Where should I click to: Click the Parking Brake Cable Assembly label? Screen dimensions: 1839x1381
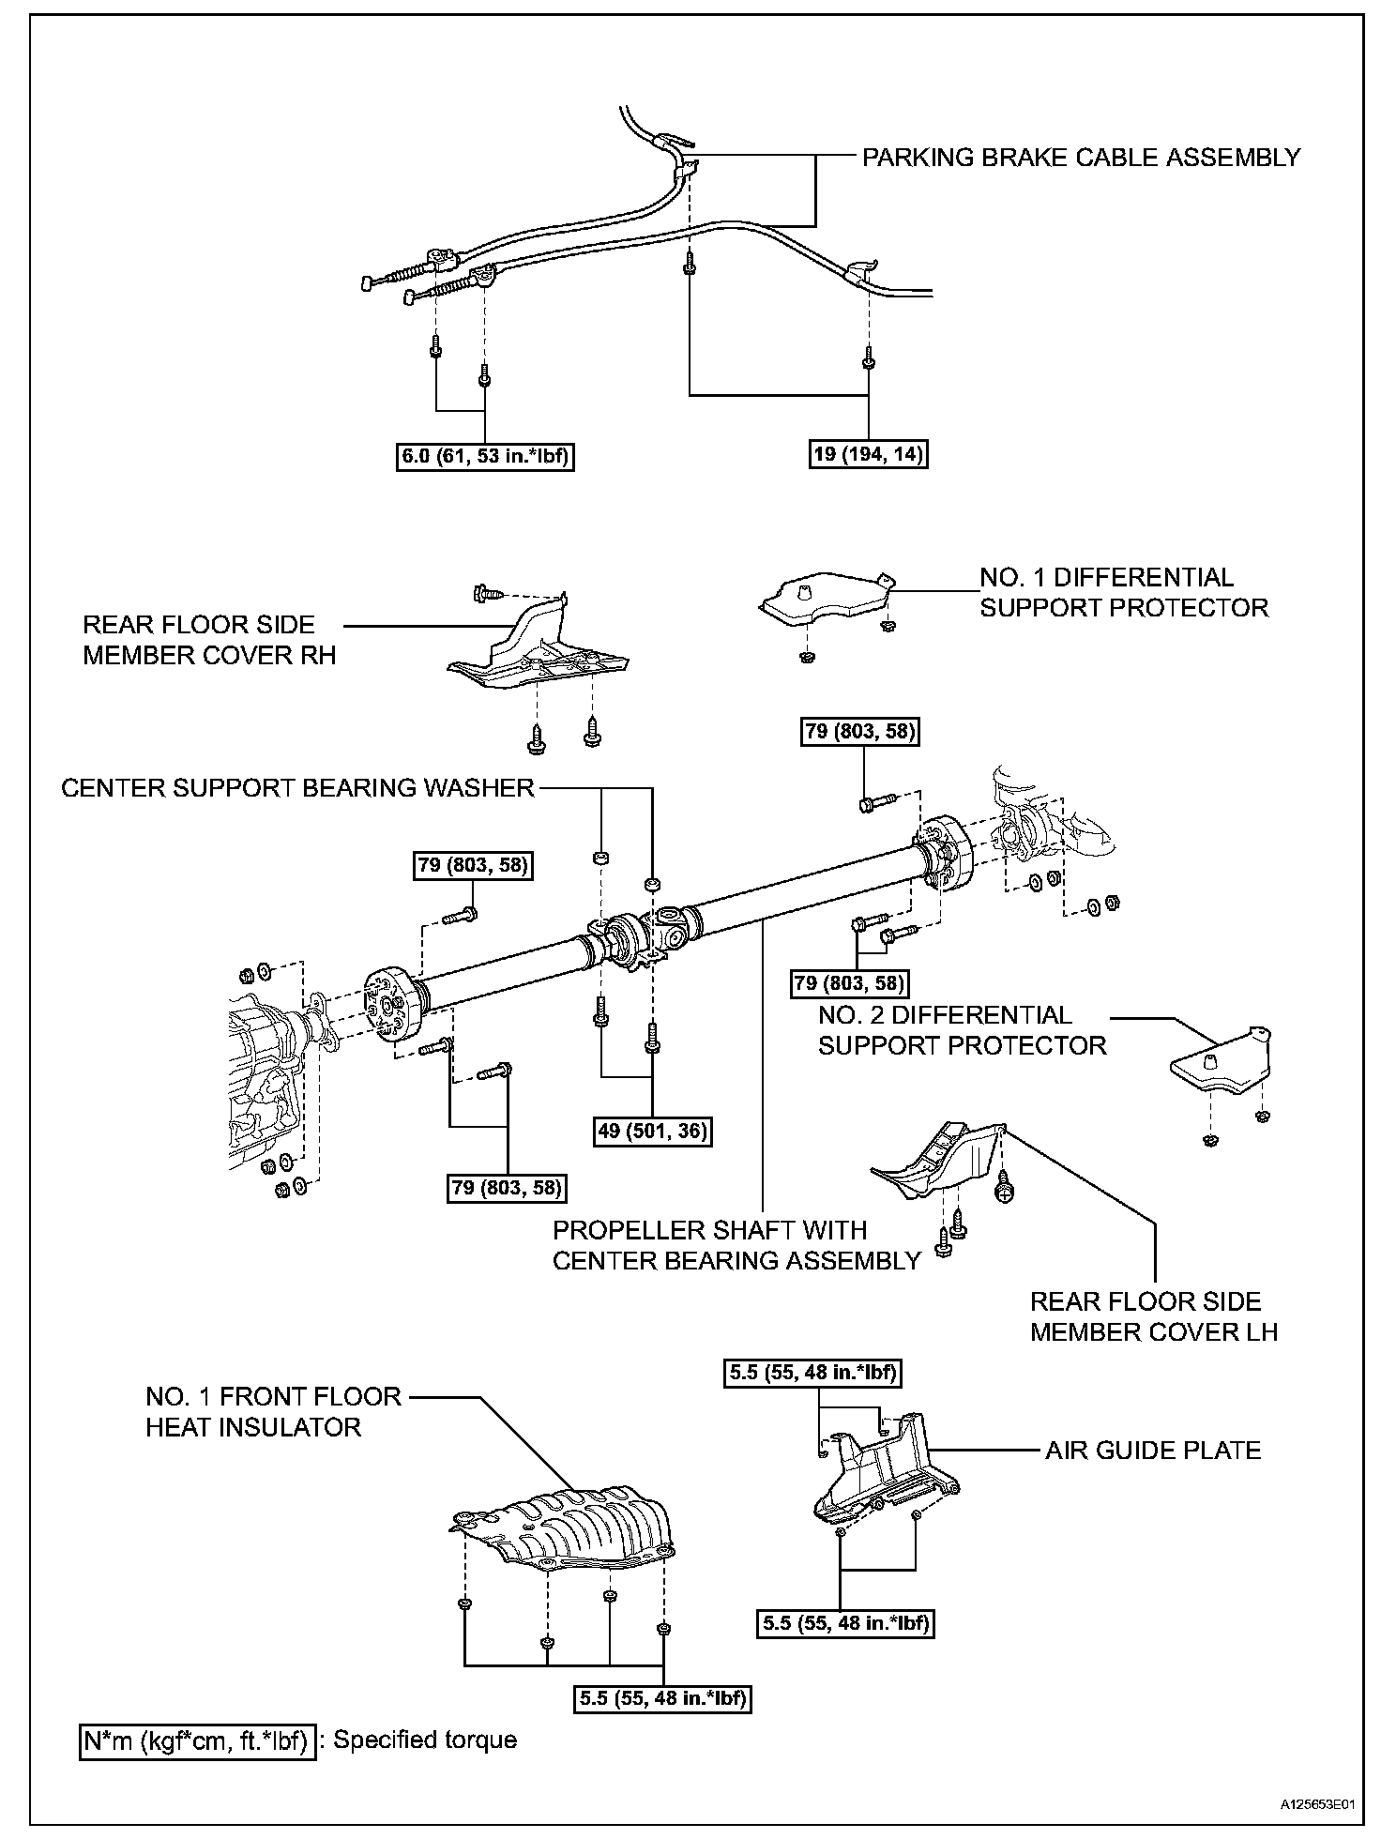pos(1081,158)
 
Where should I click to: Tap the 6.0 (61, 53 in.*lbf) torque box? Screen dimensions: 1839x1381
pos(485,456)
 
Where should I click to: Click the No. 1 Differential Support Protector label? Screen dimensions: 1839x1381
pos(1123,592)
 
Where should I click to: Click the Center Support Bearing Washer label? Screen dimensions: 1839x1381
pos(297,788)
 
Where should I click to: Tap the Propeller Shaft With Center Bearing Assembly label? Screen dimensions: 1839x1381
pos(736,1244)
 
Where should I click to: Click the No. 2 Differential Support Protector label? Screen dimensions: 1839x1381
pos(962,1030)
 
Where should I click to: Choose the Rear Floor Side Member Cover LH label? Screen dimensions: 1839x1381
pos(1153,1316)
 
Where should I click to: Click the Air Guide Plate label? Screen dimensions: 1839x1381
pos(1152,1451)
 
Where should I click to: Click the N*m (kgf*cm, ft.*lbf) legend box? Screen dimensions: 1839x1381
pos(197,1740)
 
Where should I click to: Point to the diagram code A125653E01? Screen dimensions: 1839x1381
pos(1317,1803)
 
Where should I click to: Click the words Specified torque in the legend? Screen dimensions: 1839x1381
pos(425,1740)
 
